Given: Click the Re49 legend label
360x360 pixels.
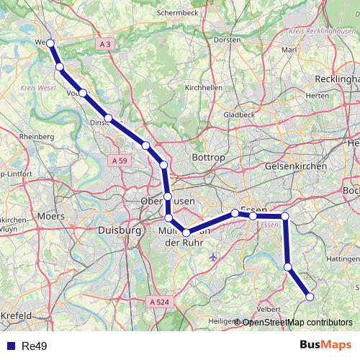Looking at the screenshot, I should pyautogui.click(x=35, y=346).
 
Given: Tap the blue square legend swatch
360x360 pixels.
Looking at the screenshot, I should pyautogui.click(x=9, y=346).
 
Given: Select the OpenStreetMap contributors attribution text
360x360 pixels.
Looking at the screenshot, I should pyautogui.click(x=297, y=323).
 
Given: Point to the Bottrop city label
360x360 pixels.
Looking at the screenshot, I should pyautogui.click(x=210, y=157).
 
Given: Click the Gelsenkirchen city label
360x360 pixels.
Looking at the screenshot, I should pyautogui.click(x=296, y=166).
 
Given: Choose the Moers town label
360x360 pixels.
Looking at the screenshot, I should pyautogui.click(x=50, y=215).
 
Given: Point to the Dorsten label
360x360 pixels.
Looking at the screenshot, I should pyautogui.click(x=228, y=40).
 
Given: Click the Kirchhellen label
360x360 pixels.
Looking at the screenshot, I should pyautogui.click(x=204, y=87).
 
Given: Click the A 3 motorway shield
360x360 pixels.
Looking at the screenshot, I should pyautogui.click(x=106, y=45).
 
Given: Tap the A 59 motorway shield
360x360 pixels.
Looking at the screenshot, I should pyautogui.click(x=120, y=161).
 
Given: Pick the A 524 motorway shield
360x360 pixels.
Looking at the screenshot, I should pyautogui.click(x=161, y=302).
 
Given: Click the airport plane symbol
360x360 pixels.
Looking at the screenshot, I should pyautogui.click(x=212, y=256).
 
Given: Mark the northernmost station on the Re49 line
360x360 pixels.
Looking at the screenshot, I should pyautogui.click(x=50, y=43).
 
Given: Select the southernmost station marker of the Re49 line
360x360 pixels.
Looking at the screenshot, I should pyautogui.click(x=310, y=296).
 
